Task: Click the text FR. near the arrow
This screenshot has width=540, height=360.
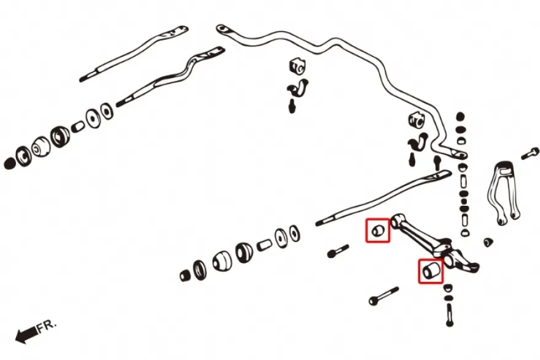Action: click(47, 326)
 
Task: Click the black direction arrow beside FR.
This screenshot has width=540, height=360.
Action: click(26, 335)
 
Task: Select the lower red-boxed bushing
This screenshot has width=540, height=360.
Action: click(430, 270)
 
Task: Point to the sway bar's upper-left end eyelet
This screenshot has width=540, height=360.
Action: click(222, 29)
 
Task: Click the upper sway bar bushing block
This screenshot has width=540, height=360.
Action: click(297, 66)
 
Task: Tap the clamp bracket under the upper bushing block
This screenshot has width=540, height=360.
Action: click(297, 88)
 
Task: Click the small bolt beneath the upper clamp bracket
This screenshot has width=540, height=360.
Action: click(292, 106)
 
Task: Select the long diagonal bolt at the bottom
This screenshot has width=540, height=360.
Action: click(383, 296)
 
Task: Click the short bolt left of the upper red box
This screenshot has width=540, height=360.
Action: click(338, 251)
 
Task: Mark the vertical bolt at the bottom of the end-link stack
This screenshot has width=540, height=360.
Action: click(449, 315)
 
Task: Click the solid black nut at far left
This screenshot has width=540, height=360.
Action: click(10, 163)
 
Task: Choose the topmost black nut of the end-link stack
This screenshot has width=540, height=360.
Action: click(461, 117)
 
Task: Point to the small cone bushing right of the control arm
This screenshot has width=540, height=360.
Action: click(487, 242)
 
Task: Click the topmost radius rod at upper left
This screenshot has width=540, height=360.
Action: click(134, 53)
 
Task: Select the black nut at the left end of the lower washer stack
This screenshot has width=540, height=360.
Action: click(185, 275)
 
